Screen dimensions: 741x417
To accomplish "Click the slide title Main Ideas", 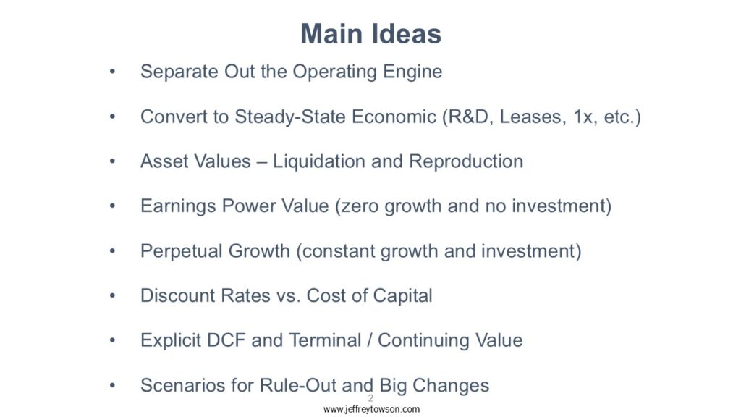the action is pyautogui.click(x=371, y=34).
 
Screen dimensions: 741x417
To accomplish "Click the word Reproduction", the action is pyautogui.click(x=466, y=161).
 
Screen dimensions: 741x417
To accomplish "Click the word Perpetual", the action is pyautogui.click(x=182, y=251).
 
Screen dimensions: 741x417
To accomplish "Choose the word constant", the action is pyautogui.click(x=339, y=251).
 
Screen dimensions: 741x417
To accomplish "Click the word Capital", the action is pyautogui.click(x=402, y=296).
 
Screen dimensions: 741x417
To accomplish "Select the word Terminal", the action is pyautogui.click(x=319, y=340).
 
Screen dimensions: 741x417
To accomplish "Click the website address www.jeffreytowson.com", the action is pyautogui.click(x=371, y=410).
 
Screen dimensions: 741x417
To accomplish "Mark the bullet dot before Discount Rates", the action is pyautogui.click(x=112, y=296).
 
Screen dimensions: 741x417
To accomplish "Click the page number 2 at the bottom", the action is pyautogui.click(x=370, y=398).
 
